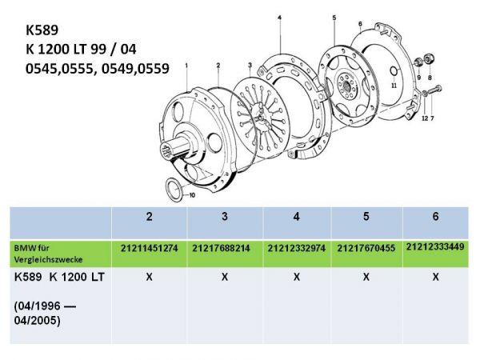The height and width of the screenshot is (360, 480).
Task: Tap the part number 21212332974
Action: pos(296,250)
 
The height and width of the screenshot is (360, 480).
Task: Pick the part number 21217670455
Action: pos(366,250)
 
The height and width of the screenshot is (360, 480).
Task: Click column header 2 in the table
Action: pos(150,216)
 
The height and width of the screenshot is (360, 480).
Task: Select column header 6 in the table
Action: pos(435,216)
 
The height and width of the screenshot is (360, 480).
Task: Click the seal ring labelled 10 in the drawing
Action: pos(172,189)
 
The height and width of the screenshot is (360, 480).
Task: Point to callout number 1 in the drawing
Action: pos(186,63)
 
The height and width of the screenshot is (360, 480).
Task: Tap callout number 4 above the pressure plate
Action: pos(279,16)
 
